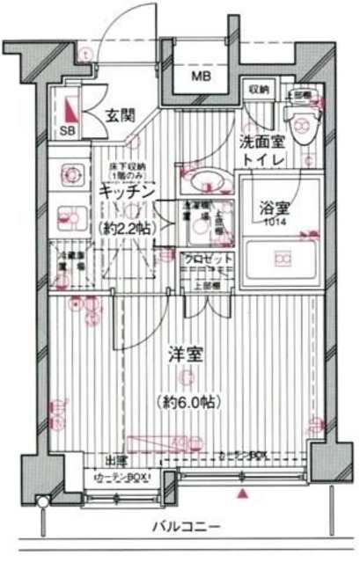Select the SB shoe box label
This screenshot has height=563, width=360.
click(67, 130)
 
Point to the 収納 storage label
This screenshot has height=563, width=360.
click(258, 89)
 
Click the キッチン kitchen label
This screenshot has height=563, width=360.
click(128, 190)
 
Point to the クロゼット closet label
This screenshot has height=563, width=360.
click(208, 259)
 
